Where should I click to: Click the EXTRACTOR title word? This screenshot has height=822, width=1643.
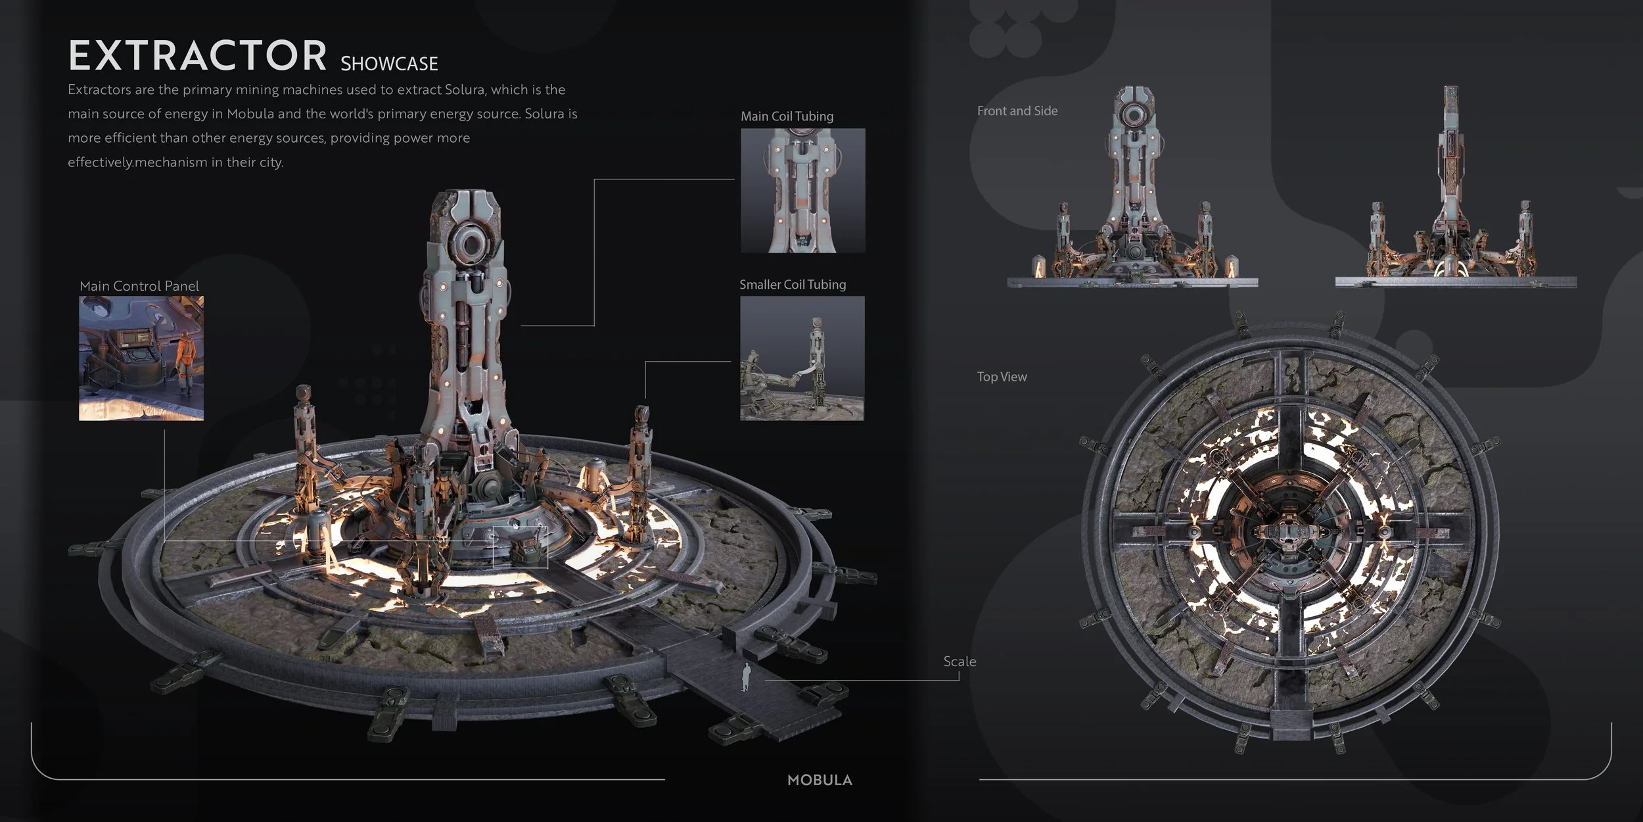197,55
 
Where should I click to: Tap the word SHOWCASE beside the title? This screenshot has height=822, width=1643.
389,64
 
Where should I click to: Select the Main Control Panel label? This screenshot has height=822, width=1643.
139,286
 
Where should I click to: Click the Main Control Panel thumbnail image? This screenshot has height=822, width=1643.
141,358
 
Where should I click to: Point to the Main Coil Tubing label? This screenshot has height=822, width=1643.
787,116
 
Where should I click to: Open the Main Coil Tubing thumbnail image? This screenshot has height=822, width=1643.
802,191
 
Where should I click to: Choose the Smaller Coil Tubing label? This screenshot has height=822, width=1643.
793,285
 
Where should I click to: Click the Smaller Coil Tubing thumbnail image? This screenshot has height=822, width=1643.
802,358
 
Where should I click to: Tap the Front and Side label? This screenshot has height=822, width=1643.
1017,111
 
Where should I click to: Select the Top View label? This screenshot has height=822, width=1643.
1002,377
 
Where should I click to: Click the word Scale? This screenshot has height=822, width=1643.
960,662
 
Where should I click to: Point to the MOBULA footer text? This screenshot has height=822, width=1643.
820,781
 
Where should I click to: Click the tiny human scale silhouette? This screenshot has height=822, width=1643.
746,678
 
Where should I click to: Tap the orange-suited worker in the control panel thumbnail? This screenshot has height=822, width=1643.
184,358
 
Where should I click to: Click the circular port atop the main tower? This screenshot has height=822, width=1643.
469,247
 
